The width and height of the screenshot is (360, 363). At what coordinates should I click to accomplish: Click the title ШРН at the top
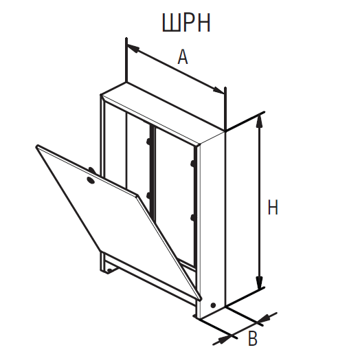(186, 23)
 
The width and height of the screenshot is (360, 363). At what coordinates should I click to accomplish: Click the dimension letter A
(183, 57)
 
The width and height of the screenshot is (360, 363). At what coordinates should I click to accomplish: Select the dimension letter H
(273, 207)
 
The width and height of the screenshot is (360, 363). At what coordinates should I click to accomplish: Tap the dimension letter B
(253, 339)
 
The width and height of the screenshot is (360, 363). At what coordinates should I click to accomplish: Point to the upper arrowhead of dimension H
(260, 121)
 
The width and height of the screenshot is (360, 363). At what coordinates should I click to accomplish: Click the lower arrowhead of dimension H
(260, 282)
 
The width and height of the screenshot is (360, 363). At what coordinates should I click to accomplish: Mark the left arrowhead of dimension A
(133, 48)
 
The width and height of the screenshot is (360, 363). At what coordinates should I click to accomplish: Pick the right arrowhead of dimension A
(218, 90)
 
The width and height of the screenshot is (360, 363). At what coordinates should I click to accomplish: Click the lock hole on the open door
(91, 180)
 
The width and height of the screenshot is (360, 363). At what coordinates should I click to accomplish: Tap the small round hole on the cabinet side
(213, 305)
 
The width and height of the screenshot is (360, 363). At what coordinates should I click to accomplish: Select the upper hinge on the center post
(148, 141)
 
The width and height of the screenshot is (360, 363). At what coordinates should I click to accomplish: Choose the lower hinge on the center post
(149, 196)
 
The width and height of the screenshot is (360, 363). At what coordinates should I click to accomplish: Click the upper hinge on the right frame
(193, 164)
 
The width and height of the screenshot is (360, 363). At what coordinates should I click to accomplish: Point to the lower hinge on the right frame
(193, 218)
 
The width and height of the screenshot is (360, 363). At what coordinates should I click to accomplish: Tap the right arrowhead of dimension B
(264, 319)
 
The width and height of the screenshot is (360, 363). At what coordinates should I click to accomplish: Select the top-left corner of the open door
(38, 146)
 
